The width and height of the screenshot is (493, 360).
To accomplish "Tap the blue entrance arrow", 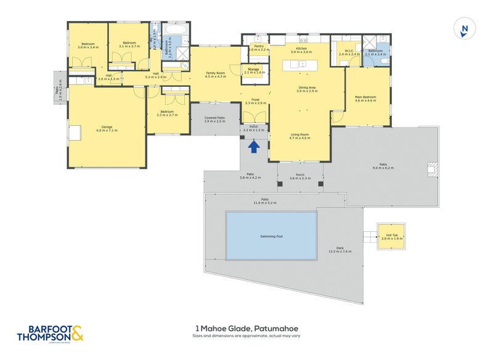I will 253,146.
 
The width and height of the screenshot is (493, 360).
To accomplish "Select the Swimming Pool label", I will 271,236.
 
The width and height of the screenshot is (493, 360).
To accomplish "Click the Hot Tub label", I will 391,237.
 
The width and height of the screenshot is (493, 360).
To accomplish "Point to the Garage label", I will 107,129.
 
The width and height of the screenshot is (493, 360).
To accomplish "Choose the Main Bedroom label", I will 365,99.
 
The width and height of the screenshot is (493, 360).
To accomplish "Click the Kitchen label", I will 301,50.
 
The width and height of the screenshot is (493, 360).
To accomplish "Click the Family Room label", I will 215,75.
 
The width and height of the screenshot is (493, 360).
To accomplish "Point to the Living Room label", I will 299,136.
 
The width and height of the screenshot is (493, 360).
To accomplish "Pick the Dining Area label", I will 307,89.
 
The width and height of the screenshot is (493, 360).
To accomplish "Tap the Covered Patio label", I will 214,119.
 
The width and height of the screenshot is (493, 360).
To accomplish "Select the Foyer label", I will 256,102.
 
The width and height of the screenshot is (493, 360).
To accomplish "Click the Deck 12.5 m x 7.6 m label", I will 340,250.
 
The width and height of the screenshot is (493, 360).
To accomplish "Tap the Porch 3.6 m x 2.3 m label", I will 301,176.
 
